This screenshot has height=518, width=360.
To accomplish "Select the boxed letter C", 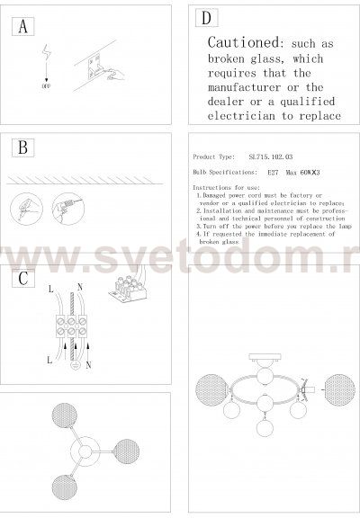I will click(22, 277).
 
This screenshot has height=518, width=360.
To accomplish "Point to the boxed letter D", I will click(207, 18).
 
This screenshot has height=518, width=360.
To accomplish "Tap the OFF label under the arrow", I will click(46, 90).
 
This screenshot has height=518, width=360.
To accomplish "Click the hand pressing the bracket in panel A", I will click(113, 80).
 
